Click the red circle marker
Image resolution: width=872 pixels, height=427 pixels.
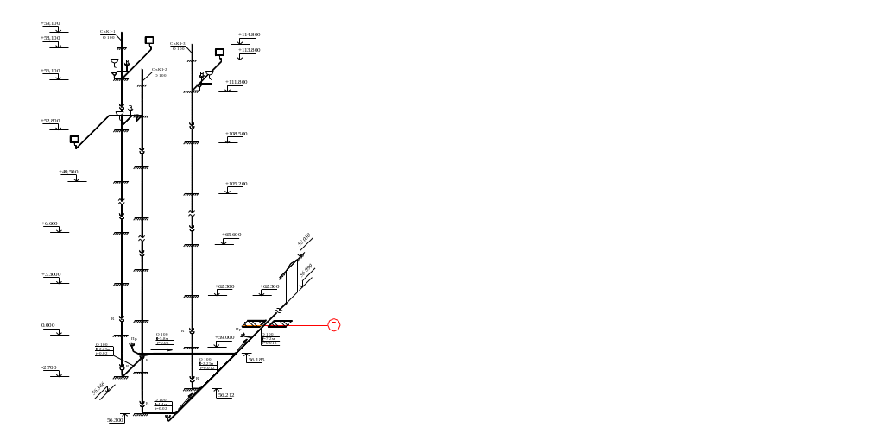pos(334,325)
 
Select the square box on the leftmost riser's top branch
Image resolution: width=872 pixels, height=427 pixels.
pos(149,40)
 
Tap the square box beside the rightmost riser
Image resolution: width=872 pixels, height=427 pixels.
pos(219,52)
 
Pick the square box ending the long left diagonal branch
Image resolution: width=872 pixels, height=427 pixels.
pos(74,139)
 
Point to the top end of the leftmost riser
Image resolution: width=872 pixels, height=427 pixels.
pos(122,33)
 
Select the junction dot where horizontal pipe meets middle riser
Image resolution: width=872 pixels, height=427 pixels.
pos(142,354)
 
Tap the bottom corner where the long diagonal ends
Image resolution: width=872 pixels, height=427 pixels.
pos(171,419)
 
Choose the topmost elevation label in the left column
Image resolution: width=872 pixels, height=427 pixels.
pos(51,23)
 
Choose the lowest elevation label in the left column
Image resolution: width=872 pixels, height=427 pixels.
pos(51,368)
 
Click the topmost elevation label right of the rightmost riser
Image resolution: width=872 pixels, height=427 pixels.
pos(250,35)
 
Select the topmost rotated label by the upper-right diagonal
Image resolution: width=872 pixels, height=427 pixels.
pos(304,239)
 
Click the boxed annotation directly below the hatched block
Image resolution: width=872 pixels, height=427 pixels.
pos(269,337)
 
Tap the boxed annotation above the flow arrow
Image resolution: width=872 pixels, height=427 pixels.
pos(163,336)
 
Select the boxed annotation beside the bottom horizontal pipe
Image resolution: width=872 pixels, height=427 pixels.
pos(161,403)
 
